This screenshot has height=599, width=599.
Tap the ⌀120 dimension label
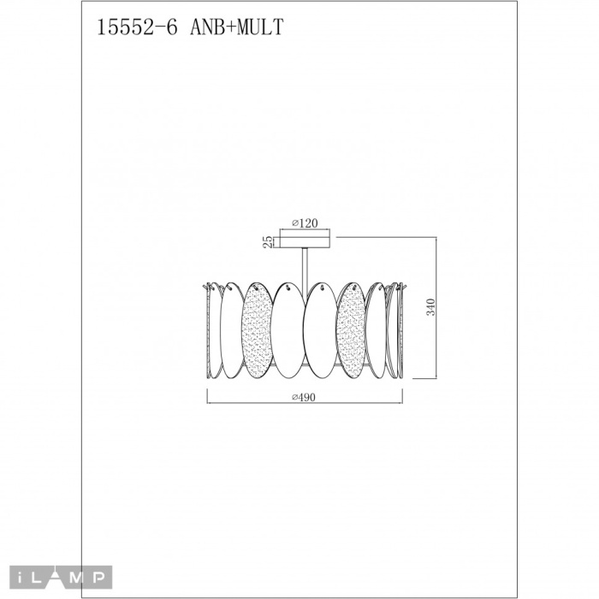click(305, 223)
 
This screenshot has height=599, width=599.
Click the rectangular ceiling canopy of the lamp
click(305, 240)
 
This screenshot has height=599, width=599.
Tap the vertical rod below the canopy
click(305, 261)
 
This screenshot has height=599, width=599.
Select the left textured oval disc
click(257, 330)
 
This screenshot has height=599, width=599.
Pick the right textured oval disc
click(353, 330)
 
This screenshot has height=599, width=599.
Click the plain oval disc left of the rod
click(288, 330)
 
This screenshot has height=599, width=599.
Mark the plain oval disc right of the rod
click(321, 330)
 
